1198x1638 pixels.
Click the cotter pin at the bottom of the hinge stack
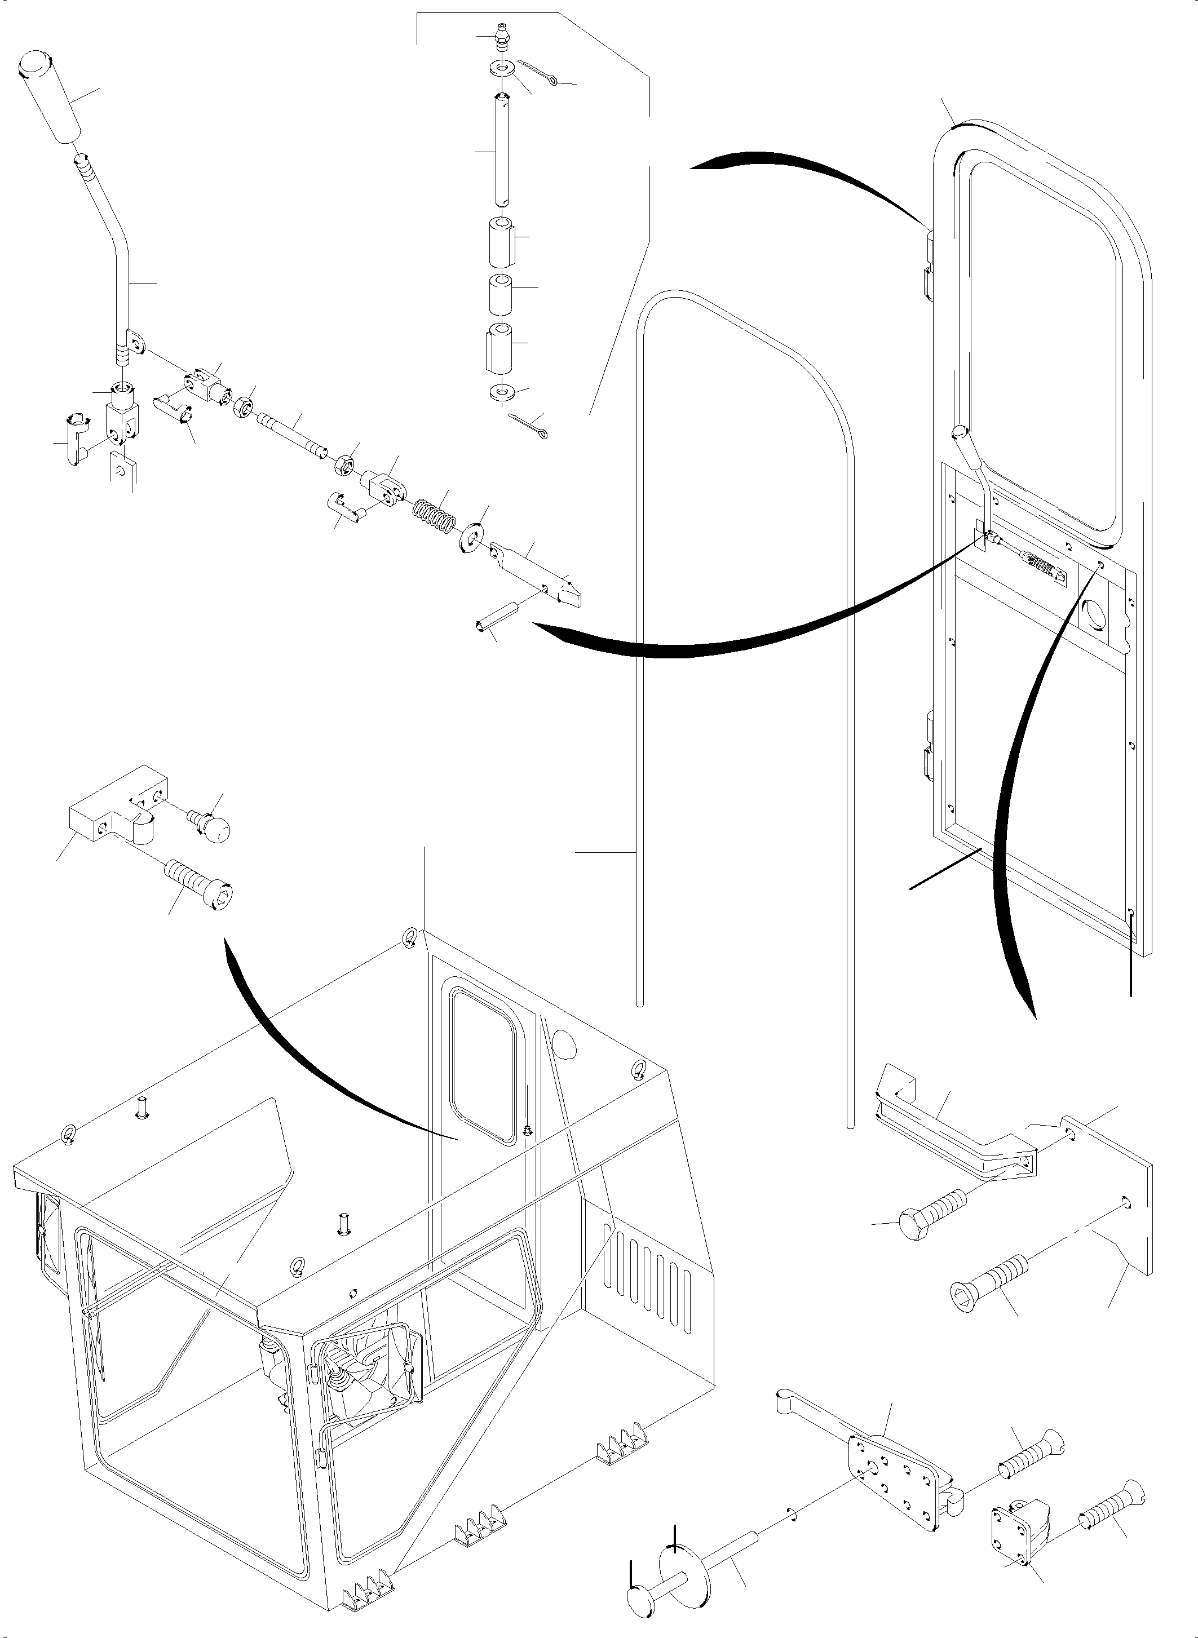529,427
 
